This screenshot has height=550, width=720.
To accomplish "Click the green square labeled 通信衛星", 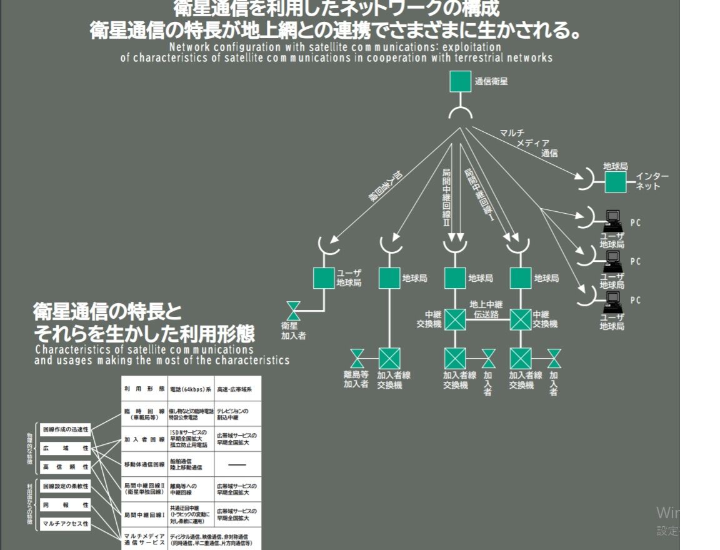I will coord(460,82).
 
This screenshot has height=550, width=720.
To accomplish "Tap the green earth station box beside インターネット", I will coord(615,182).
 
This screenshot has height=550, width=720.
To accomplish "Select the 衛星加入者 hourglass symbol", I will coord(292,311).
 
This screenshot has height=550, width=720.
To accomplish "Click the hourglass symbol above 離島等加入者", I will coord(357,358).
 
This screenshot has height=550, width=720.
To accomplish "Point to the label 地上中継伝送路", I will coord(486,309).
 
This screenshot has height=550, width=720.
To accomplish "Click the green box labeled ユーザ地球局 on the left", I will coord(324,278).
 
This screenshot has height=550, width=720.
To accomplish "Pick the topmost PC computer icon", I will coord(614,219).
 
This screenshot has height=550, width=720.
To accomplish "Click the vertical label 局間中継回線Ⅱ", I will coord(446,197).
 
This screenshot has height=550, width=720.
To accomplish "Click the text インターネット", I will coord(652,181).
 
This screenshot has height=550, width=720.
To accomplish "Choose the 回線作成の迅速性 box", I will coord(65,430).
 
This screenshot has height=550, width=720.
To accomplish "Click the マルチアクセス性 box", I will coord(65,523).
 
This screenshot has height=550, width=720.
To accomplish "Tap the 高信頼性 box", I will coord(65,467).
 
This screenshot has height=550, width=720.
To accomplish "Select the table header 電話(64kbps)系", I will coord(190,389).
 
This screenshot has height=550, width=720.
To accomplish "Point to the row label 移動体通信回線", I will coord(144,464).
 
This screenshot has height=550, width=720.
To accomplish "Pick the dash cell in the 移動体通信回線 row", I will coord(237,464).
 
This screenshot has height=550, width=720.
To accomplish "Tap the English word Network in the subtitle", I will coord(191,47).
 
